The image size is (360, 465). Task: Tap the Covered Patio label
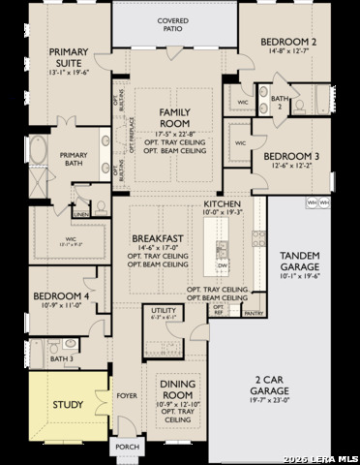(x=173, y=24)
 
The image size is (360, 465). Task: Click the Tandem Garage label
(x=300, y=261)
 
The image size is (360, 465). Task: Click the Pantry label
(x=254, y=314)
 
